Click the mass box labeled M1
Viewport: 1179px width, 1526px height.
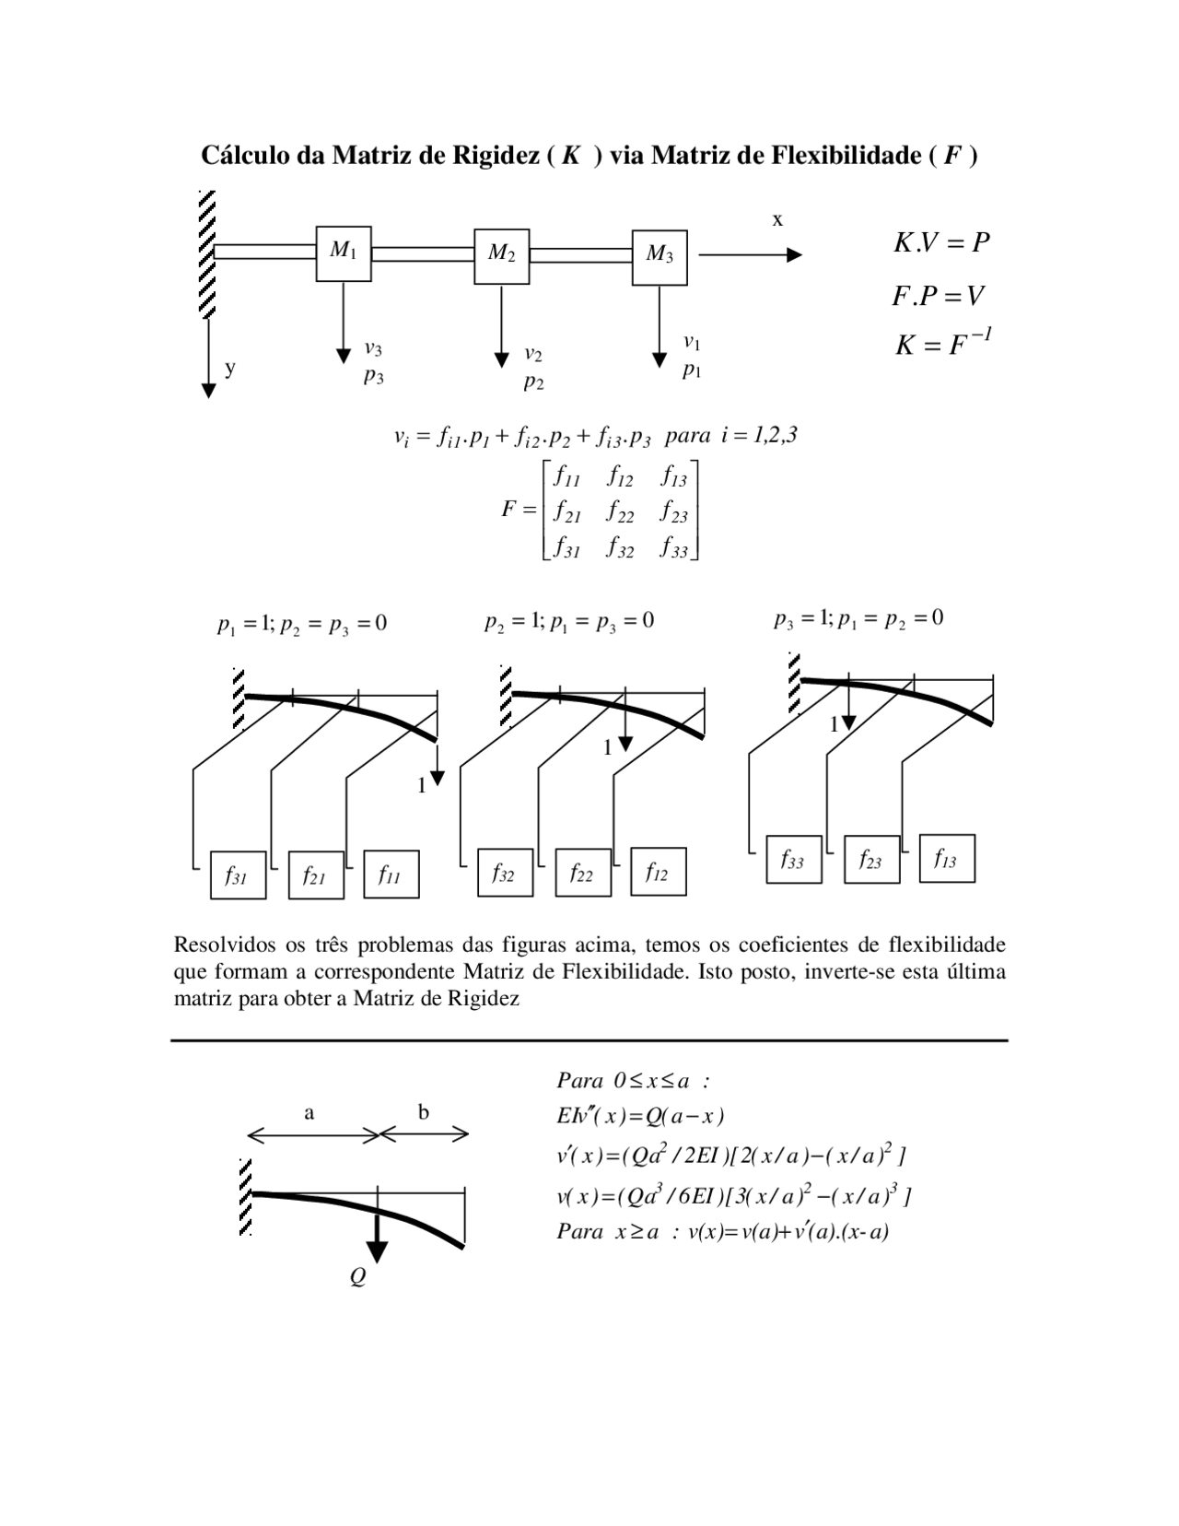[x=344, y=253]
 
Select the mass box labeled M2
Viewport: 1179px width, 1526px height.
[x=501, y=255]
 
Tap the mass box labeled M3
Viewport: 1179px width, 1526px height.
[x=660, y=257]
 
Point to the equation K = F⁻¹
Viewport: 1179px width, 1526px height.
[x=942, y=345]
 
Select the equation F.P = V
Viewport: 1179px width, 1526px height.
[x=938, y=296]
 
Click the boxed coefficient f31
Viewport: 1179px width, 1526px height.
[x=238, y=875]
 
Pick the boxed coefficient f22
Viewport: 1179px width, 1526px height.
[x=583, y=873]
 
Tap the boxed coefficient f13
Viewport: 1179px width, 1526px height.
[x=947, y=859]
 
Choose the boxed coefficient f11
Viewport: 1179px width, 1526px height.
[x=391, y=875]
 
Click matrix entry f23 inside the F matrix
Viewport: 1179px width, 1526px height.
[x=674, y=512]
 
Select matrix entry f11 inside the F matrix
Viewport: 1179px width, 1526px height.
[x=566, y=477]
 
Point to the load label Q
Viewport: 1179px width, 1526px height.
[x=358, y=1277]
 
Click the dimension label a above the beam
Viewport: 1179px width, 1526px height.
[x=309, y=1112]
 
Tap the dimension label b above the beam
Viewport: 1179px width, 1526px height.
[x=423, y=1112]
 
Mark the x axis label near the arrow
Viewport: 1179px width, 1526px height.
[x=777, y=219]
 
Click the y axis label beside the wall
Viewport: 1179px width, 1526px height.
[x=230, y=367]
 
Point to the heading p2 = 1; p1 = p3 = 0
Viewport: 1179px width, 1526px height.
[x=569, y=622]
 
